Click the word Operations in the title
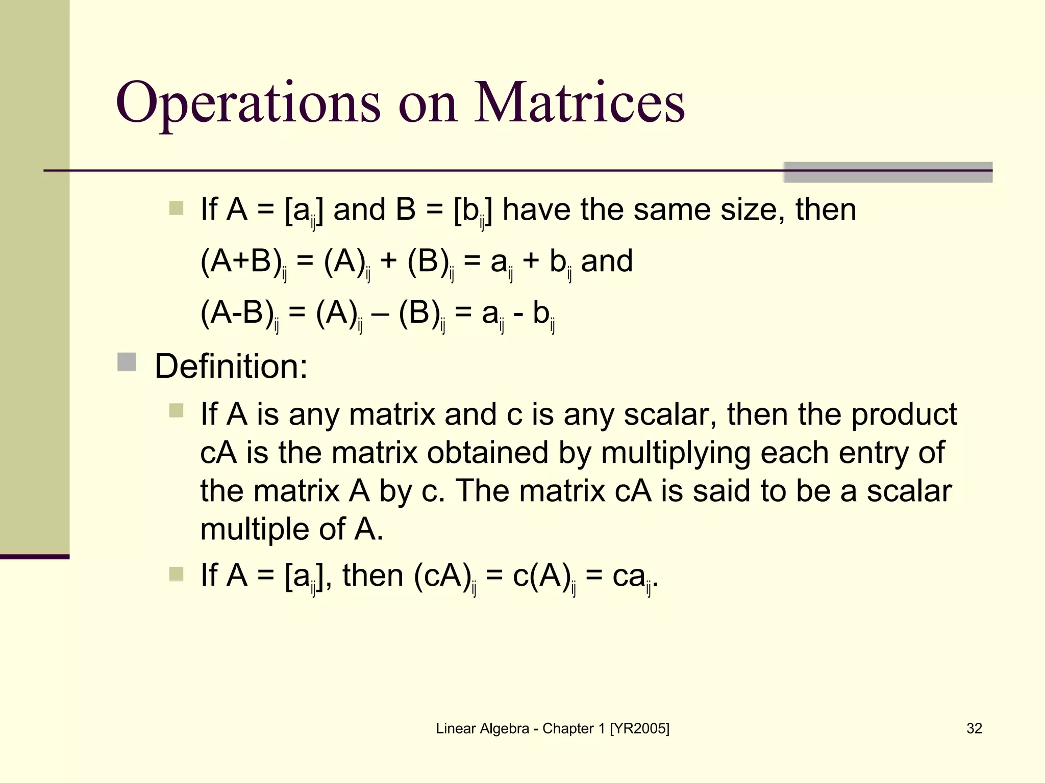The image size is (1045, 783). pyautogui.click(x=248, y=103)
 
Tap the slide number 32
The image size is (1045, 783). pyautogui.click(x=974, y=728)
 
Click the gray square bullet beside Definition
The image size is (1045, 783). pyautogui.click(x=127, y=362)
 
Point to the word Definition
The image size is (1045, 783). pyautogui.click(x=231, y=366)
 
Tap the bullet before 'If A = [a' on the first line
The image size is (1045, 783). pyautogui.click(x=176, y=208)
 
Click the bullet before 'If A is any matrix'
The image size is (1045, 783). pyautogui.click(x=176, y=410)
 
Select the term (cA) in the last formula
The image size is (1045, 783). pyautogui.click(x=442, y=576)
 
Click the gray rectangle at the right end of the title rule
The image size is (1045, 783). pyautogui.click(x=887, y=172)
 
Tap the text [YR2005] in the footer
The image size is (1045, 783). pyautogui.click(x=639, y=728)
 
